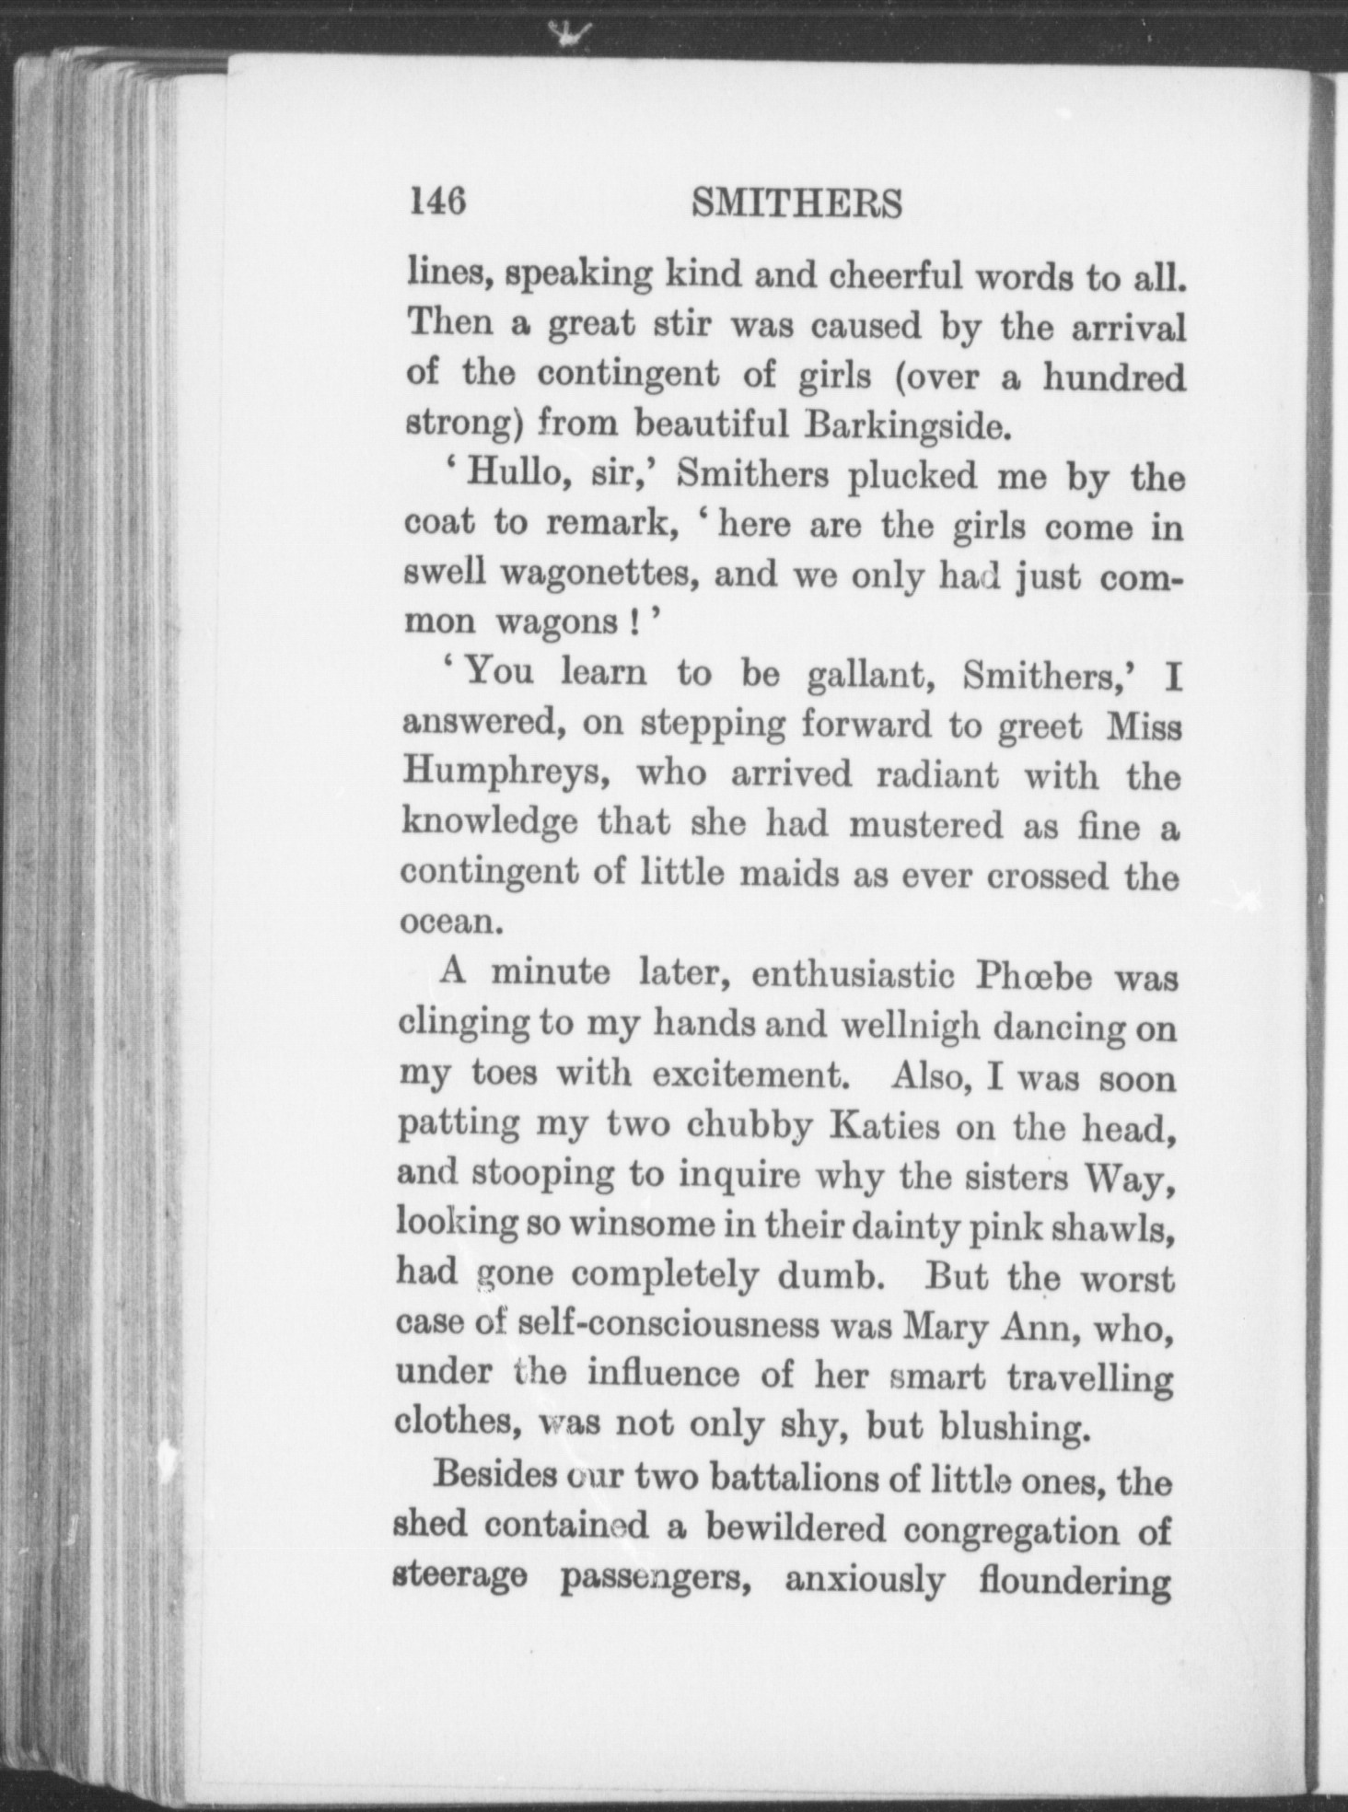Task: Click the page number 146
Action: (x=438, y=201)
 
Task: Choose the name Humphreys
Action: (x=508, y=774)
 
